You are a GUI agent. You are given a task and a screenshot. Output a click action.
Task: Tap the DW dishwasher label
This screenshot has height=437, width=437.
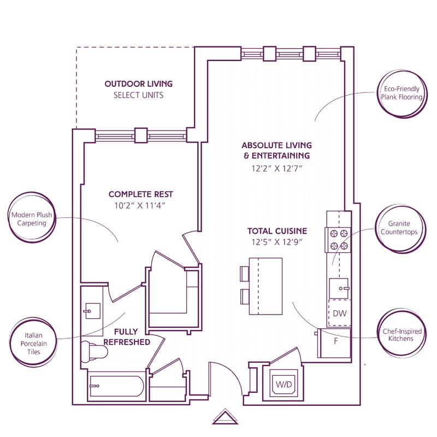pyautogui.click(x=339, y=314)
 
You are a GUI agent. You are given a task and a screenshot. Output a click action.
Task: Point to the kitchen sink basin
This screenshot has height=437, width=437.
pyautogui.click(x=338, y=287)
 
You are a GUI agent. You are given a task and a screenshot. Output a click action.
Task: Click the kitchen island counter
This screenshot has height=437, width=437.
pyautogui.click(x=265, y=286)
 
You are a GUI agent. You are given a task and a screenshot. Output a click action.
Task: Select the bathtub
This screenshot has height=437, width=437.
pyautogui.click(x=115, y=387)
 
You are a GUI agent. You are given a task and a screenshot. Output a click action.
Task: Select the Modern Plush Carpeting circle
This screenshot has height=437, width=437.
pyautogui.click(x=32, y=219)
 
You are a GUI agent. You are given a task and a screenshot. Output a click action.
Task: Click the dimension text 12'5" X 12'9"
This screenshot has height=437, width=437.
pyautogui.click(x=277, y=242)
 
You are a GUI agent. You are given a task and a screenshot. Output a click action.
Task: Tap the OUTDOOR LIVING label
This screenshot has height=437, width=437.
pyautogui.click(x=138, y=84)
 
